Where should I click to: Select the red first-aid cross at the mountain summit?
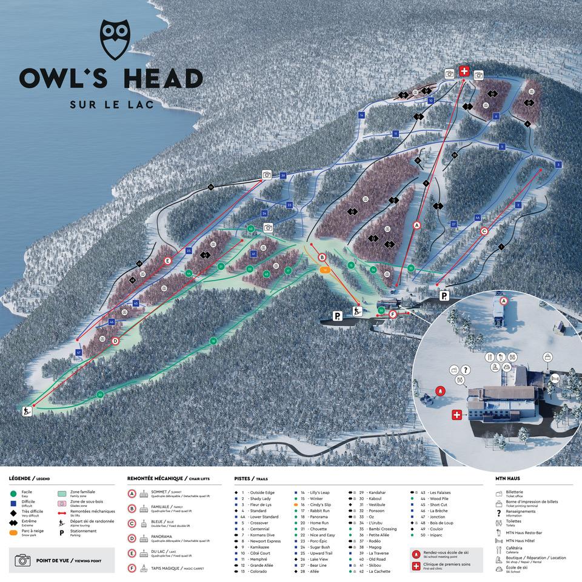pos(464,72)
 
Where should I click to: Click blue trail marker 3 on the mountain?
pos(558,164)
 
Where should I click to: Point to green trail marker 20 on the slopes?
pos(100,395)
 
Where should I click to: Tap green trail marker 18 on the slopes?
pos(213,341)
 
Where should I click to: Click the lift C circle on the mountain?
pos(484,231)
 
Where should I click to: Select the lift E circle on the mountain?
pos(168,261)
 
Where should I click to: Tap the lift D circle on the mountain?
pos(115,341)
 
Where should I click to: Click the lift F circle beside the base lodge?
pos(393,314)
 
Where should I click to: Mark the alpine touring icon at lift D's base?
pos(26,412)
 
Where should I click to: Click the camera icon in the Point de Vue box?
pos(22,560)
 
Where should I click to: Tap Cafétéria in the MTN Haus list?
pos(514,548)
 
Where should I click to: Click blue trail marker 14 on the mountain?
pos(361,115)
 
